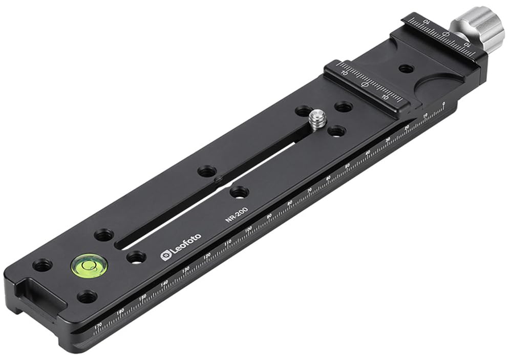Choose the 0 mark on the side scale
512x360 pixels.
coord(443,104)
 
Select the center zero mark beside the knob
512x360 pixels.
coord(445,34)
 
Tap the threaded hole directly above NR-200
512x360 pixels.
coord(239,192)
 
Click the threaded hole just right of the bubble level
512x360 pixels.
coord(136,257)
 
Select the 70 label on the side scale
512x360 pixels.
coord(309,190)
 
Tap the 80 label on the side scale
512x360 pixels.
coord(290,203)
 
